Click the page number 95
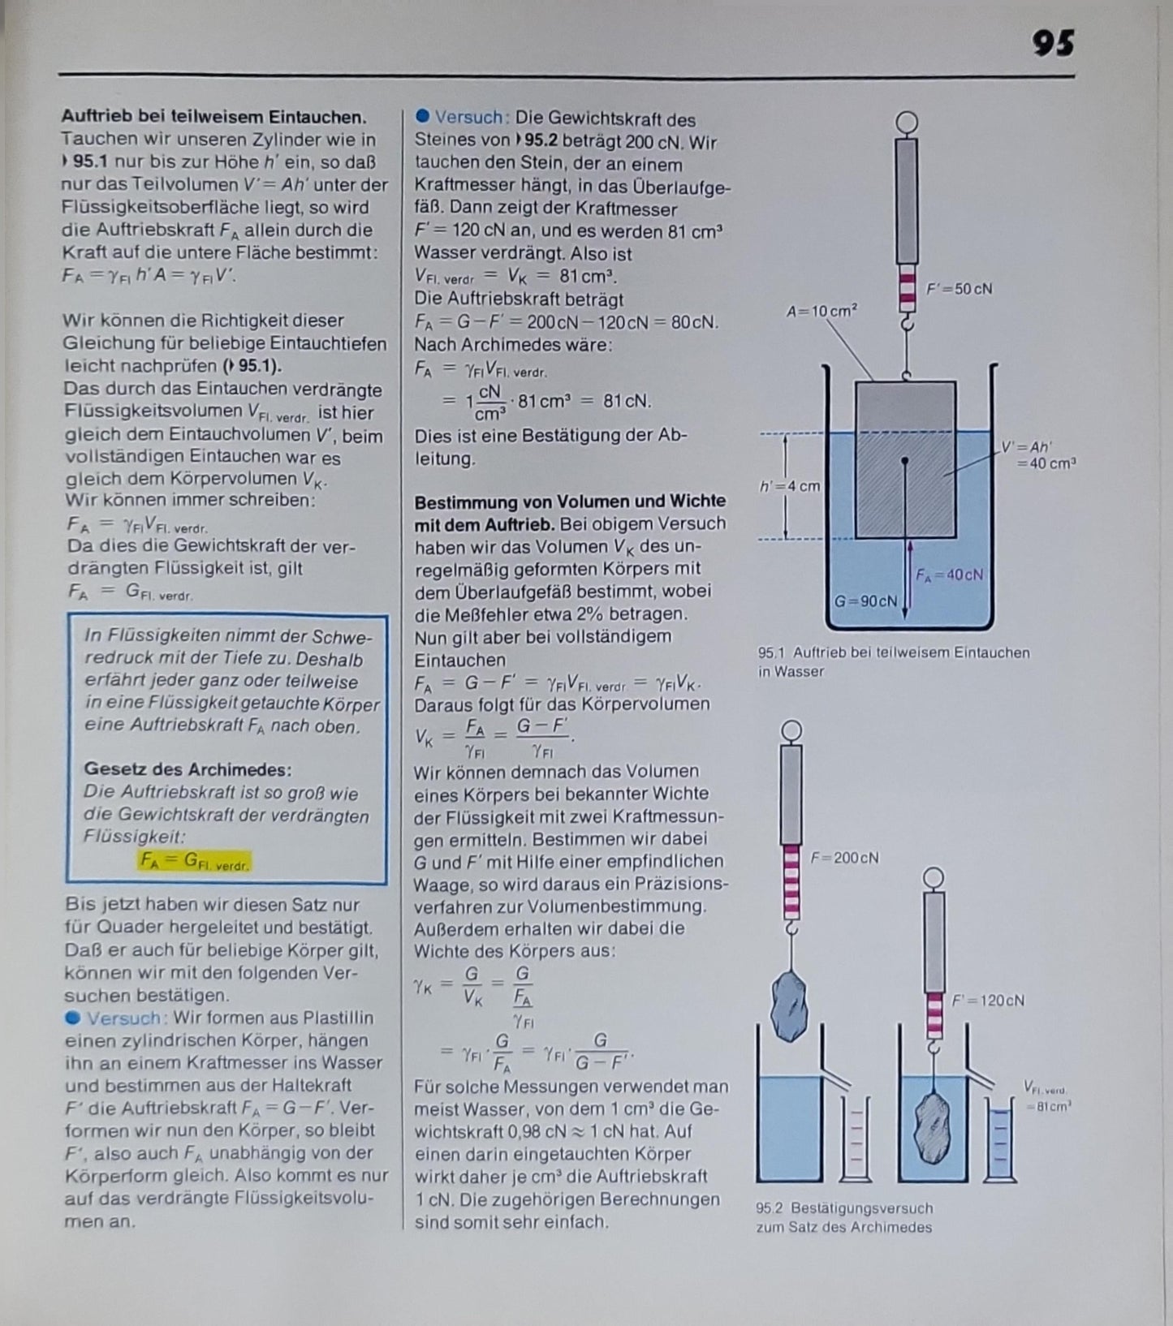tap(1053, 43)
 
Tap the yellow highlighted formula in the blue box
tap(195, 861)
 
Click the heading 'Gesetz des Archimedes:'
tap(188, 768)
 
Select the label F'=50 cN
tap(960, 289)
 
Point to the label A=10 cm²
tap(822, 310)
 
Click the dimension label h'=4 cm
tap(790, 486)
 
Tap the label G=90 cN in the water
tap(866, 601)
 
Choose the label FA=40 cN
tap(949, 575)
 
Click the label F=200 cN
tap(845, 858)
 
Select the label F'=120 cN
tap(988, 1001)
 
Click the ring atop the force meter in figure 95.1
tap(908, 123)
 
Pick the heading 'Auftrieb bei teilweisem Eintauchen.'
tap(213, 117)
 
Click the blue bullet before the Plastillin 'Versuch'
tap(73, 1018)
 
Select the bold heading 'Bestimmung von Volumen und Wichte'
tap(570, 501)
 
